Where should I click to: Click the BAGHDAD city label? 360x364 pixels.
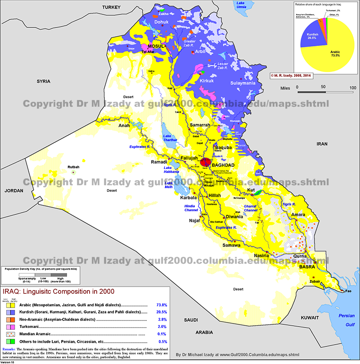pos(224,165)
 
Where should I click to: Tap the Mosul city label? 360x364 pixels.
pos(154,46)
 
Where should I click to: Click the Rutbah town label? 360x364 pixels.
pos(73,167)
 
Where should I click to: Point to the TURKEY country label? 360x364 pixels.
pos(112,8)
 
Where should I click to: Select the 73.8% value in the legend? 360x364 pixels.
pos(162,305)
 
